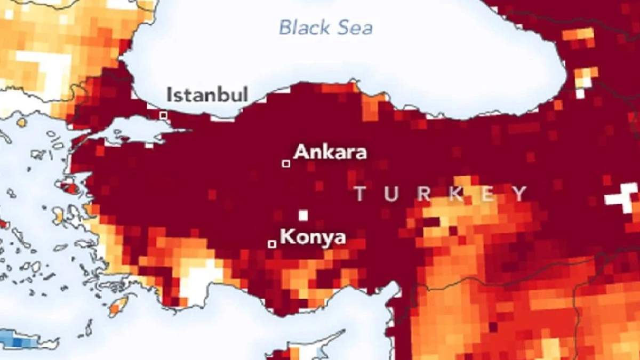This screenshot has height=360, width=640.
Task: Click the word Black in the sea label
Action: point(301,27)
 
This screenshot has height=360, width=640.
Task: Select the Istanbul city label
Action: point(207,95)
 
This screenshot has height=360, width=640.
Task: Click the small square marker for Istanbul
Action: point(163,115)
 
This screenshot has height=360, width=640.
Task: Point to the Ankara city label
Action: point(330,152)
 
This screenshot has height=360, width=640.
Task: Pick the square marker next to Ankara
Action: point(286,163)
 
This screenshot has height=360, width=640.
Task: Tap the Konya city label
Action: point(313,236)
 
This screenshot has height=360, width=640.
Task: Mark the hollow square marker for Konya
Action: point(271,244)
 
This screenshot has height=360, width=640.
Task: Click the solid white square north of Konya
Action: point(303,215)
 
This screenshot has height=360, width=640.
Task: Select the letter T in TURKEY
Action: point(361,194)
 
